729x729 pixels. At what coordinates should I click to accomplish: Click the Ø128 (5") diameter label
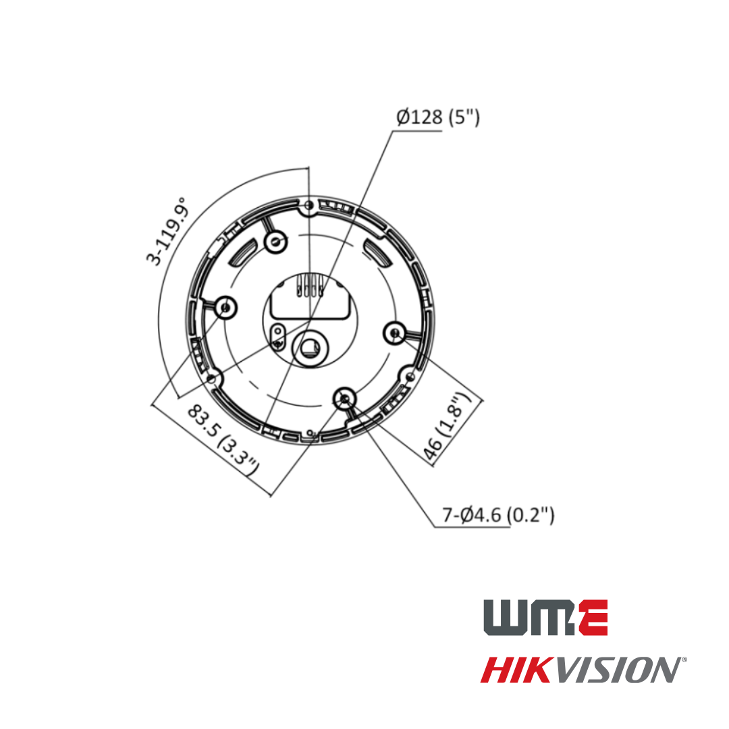coord(437,117)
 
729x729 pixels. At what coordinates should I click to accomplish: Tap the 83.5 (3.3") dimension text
coord(223,439)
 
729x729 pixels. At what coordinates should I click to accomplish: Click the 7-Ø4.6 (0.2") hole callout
coord(498,515)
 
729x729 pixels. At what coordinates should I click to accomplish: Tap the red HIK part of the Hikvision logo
coord(520,670)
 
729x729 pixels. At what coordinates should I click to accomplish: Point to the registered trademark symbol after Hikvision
coord(684,659)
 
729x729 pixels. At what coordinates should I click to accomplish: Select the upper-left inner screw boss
coord(275,241)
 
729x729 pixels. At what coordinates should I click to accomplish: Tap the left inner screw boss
coord(225,308)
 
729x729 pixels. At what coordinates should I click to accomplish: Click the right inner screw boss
coord(395,332)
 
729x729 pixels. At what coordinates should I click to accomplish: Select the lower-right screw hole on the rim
coord(409,377)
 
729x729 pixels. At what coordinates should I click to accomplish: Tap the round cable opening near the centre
coord(311,347)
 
